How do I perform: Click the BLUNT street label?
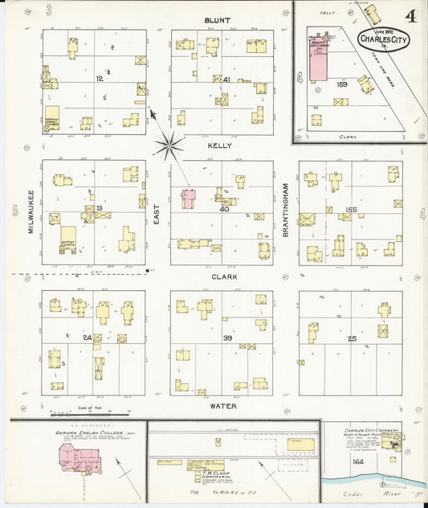[217, 19]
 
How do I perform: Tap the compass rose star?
[169, 145]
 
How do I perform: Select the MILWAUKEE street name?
[31, 211]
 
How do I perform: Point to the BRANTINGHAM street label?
[285, 208]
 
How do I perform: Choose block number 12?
[100, 79]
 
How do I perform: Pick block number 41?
[227, 80]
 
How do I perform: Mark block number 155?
[350, 210]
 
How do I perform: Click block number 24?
[87, 338]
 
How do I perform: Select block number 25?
[351, 338]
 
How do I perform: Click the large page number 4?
[410, 16]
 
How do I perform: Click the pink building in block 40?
[189, 199]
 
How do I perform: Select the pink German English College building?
[73, 461]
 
